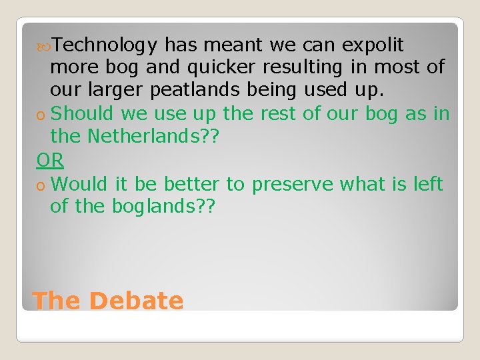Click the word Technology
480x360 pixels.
pos(105,45)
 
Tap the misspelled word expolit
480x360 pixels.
pos(373,45)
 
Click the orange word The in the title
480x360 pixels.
pos(56,301)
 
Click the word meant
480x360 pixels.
pos(233,45)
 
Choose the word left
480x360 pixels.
pos(428,183)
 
